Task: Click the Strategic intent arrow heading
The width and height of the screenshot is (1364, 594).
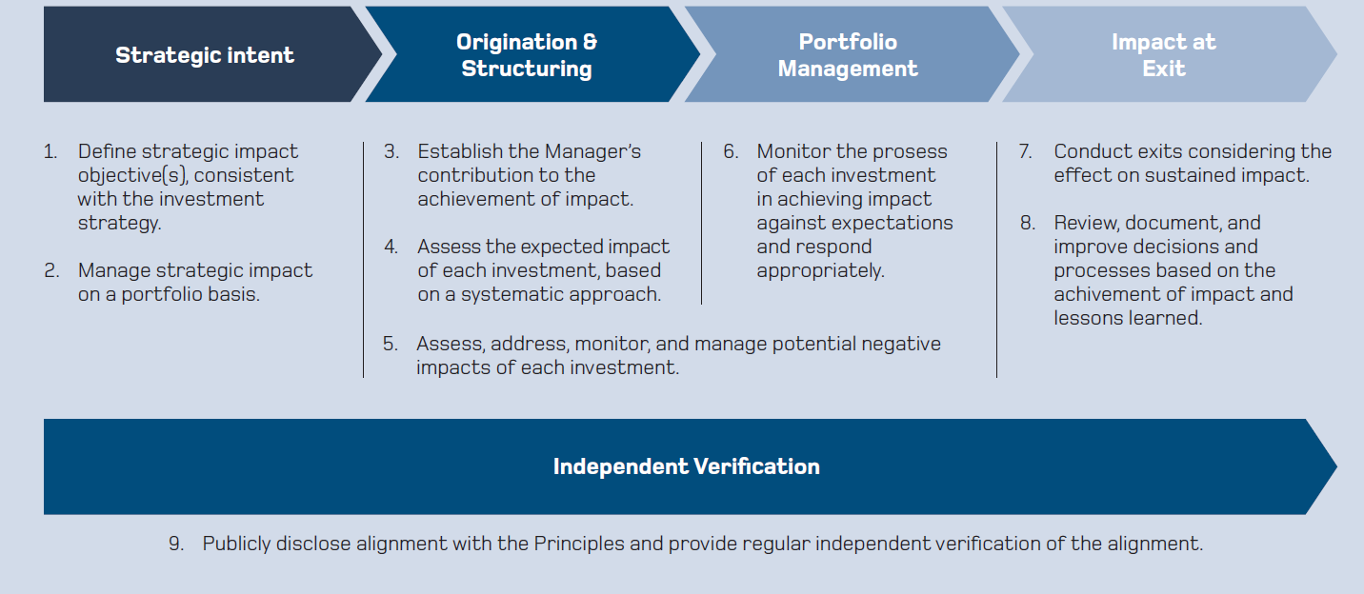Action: tap(205, 55)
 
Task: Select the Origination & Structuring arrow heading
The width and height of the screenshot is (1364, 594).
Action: tap(527, 55)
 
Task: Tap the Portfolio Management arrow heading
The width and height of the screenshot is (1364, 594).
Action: tap(848, 55)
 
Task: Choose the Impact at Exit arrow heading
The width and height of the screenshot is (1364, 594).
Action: tap(1164, 55)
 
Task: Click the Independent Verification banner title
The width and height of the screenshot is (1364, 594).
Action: tap(686, 466)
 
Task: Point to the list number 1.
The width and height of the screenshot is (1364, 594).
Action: tap(50, 151)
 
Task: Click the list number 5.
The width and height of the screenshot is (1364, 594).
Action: tap(391, 344)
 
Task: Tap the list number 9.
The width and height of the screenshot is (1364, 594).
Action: tap(176, 544)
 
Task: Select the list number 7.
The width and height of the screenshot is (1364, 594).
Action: tap(1026, 151)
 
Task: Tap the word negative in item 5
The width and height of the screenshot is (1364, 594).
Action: tap(901, 345)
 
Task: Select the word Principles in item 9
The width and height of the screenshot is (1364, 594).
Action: tap(579, 544)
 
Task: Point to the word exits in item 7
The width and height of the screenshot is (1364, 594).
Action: tap(1160, 151)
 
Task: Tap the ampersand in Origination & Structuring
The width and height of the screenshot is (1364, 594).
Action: tap(590, 42)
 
